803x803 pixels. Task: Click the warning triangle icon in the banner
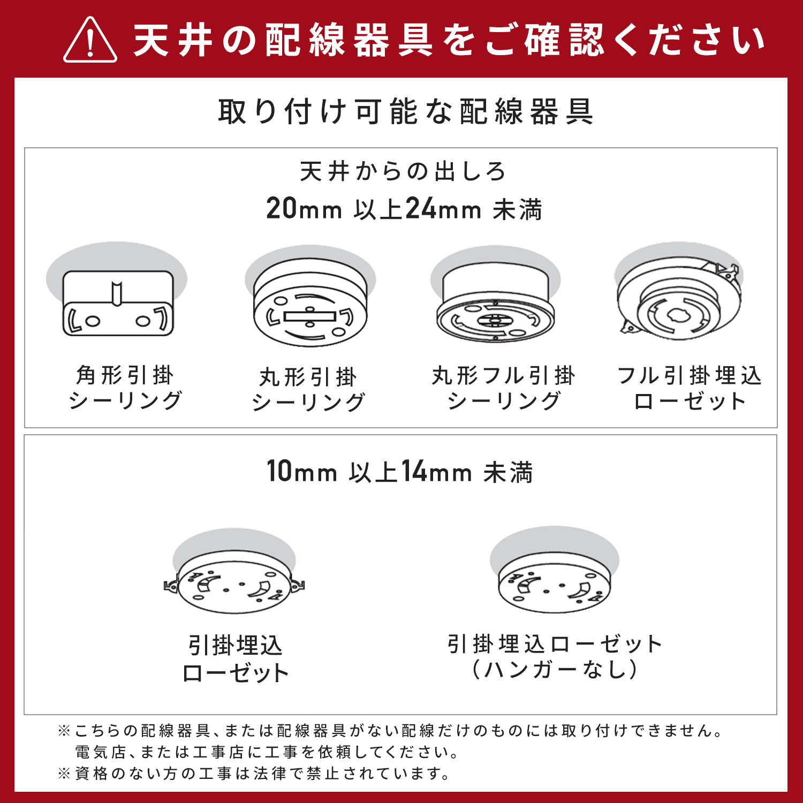tap(90, 41)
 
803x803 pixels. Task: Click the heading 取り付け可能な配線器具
tap(406, 112)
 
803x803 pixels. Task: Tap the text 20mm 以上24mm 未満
tap(404, 209)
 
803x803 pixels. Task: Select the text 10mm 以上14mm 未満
tap(400, 472)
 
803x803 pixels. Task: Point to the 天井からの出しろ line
tap(403, 171)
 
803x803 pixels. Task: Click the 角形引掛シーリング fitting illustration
tap(118, 302)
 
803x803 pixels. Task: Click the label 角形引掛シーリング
tap(125, 388)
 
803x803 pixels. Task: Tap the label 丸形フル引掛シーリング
tap(503, 388)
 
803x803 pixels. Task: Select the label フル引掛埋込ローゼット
tap(690, 388)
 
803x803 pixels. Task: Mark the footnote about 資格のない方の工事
tap(254, 774)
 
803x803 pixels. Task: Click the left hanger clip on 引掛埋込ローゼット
tap(171, 586)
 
